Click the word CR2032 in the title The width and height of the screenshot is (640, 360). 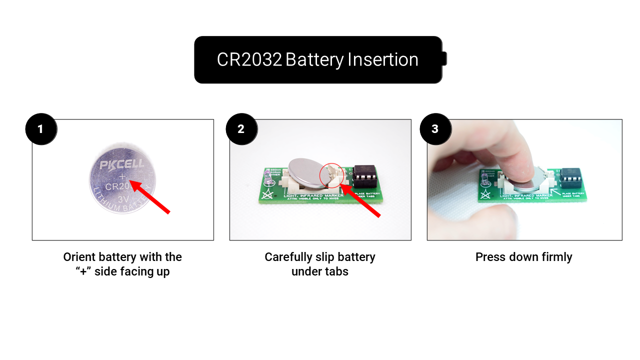249,60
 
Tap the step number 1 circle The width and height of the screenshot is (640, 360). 41,129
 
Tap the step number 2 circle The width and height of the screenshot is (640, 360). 241,129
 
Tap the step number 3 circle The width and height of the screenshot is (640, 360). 435,129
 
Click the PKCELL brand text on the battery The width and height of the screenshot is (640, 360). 121,164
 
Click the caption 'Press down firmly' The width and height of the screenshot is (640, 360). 523,257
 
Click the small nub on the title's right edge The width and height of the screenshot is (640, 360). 444,59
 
